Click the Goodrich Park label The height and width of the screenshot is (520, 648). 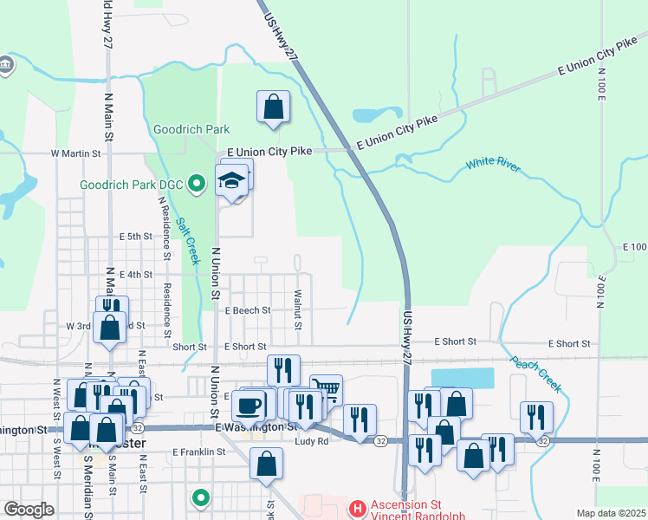pyautogui.click(x=191, y=129)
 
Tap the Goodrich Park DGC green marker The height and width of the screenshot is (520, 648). pyautogui.click(x=197, y=183)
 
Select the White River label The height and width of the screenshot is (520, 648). pyautogui.click(x=494, y=164)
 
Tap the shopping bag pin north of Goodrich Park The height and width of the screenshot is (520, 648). pyautogui.click(x=273, y=108)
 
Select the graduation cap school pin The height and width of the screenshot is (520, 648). pyautogui.click(x=232, y=181)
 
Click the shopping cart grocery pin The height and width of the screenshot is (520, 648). pyautogui.click(x=326, y=388)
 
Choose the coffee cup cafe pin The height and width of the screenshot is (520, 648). pyautogui.click(x=248, y=404)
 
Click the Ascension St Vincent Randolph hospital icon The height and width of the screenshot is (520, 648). pyautogui.click(x=353, y=507)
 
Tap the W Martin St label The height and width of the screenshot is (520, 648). pyautogui.click(x=76, y=153)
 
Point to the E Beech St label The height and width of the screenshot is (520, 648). pyautogui.click(x=248, y=309)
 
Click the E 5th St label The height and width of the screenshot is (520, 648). pyautogui.click(x=135, y=236)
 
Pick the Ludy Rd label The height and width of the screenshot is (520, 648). pyautogui.click(x=311, y=441)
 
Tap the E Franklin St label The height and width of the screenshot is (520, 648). pyautogui.click(x=198, y=452)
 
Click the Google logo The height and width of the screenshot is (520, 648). pyautogui.click(x=29, y=510)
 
